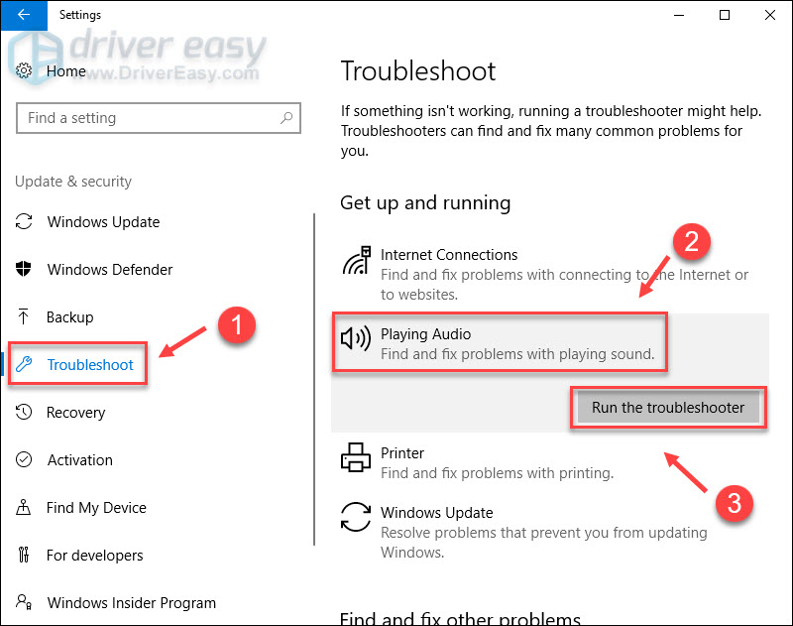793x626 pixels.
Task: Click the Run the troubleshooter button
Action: (668, 408)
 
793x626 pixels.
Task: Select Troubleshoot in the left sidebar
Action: (89, 365)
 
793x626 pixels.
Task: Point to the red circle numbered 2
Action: (692, 240)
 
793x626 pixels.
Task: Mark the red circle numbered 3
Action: (733, 503)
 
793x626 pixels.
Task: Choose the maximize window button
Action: (724, 15)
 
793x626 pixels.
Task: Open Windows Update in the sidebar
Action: (103, 222)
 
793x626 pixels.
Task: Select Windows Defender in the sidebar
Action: (109, 270)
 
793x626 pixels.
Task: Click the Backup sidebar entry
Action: (69, 317)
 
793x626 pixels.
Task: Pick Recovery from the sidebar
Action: (75, 413)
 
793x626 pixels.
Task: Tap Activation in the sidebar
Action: (79, 460)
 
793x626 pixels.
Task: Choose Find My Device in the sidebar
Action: (95, 508)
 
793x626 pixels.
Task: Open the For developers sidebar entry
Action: (94, 556)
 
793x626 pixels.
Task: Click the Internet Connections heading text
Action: (449, 255)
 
